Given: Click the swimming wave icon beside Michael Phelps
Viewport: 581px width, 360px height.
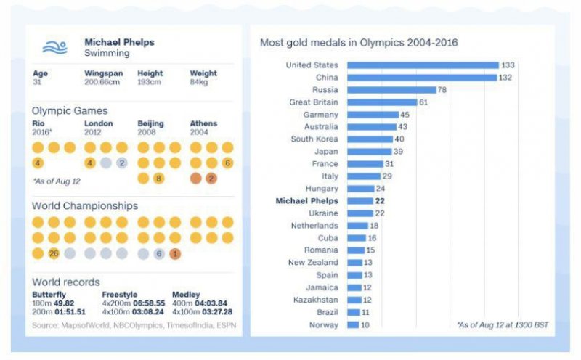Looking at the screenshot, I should pyautogui.click(x=54, y=48).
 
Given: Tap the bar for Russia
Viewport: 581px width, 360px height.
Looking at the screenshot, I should pyautogui.click(x=391, y=90).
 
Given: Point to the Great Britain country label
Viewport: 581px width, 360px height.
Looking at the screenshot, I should pyautogui.click(x=314, y=102).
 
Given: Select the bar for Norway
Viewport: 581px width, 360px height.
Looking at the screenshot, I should pyautogui.click(x=353, y=324).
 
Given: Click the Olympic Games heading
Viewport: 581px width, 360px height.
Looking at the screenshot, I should pyautogui.click(x=70, y=111).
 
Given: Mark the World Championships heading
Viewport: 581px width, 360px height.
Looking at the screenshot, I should pyautogui.click(x=85, y=206).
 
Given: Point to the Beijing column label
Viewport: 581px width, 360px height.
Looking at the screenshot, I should pyautogui.click(x=151, y=124).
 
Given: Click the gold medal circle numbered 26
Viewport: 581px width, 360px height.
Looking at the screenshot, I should pyautogui.click(x=54, y=254).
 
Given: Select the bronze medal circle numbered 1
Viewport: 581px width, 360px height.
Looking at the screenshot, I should pyautogui.click(x=175, y=254).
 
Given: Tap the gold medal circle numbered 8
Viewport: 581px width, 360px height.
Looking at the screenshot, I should pyautogui.click(x=158, y=179).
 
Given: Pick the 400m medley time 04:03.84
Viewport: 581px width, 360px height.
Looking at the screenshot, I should pyautogui.click(x=215, y=303).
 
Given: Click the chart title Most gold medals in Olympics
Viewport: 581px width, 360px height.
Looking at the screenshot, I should pyautogui.click(x=359, y=43).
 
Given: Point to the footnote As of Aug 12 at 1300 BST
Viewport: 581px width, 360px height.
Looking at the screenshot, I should pyautogui.click(x=501, y=325).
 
